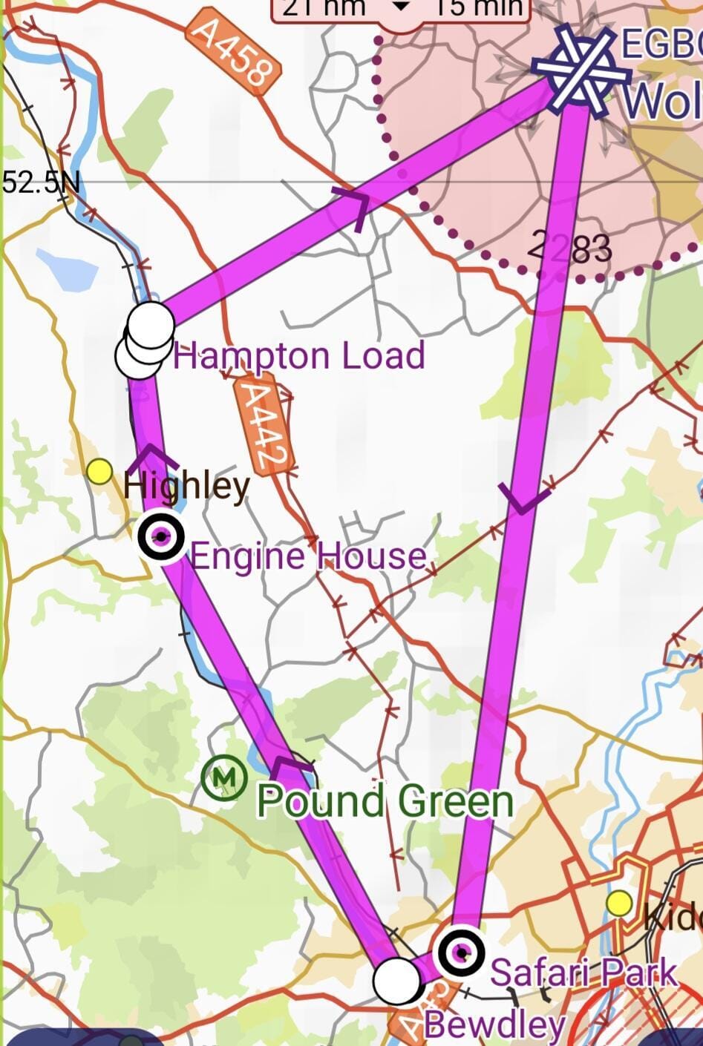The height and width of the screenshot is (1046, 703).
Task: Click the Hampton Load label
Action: (299, 355)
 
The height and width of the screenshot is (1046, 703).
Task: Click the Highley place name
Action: (186, 485)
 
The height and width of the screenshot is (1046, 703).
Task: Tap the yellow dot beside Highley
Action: (99, 471)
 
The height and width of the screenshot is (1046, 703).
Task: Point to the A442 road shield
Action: (263, 427)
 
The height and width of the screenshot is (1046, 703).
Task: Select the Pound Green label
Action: (385, 801)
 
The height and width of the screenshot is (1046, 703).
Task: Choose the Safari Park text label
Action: (584, 972)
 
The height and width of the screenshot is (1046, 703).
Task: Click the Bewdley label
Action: (494, 1025)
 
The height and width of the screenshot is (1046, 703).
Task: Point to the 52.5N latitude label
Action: (41, 182)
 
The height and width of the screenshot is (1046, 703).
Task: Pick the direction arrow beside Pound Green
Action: (291, 764)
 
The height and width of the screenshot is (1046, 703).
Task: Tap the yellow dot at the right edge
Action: (619, 904)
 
